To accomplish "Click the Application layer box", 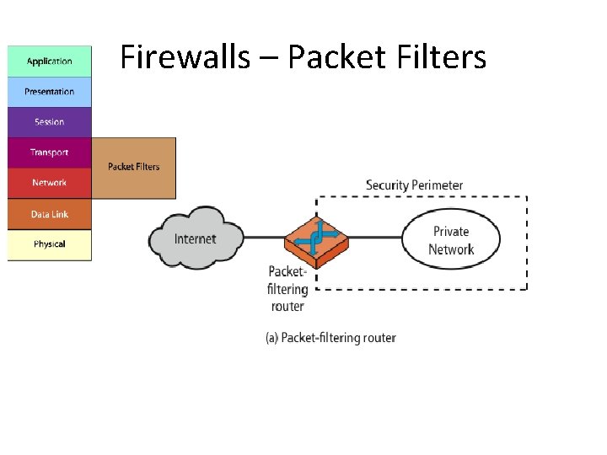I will point(49,62).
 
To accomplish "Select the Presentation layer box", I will point(49,92).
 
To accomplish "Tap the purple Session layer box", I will point(49,122).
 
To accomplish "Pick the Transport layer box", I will point(49,153).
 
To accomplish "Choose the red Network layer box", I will point(49,183).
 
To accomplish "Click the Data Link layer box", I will point(49,214).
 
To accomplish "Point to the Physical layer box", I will point(49,244).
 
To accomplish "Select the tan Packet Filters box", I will point(133,168).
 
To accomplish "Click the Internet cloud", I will point(196,238).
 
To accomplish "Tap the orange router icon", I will point(316,238).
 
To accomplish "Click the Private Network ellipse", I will point(451,240).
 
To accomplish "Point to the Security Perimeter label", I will point(414,185).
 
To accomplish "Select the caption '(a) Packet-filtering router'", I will point(330,338).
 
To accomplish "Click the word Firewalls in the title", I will point(185,57).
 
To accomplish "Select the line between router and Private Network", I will point(375,238).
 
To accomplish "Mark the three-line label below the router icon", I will point(287,289).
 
